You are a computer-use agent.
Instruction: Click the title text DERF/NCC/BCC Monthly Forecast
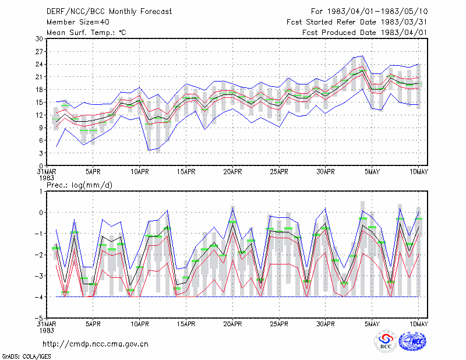(x=109, y=12)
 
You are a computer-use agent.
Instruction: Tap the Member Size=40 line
(x=78, y=22)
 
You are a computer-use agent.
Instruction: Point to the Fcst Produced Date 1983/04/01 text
(x=365, y=33)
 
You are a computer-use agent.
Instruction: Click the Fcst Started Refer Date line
(x=357, y=22)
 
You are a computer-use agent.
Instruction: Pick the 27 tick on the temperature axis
(x=39, y=52)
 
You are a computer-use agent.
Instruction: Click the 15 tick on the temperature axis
(x=39, y=103)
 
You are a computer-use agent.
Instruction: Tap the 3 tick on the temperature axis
(x=41, y=153)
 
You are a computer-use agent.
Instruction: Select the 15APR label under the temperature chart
(x=186, y=172)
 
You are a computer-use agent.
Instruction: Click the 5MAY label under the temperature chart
(x=372, y=172)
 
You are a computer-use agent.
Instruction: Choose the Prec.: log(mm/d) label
(x=80, y=185)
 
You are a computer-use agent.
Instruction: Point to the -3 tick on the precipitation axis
(x=39, y=276)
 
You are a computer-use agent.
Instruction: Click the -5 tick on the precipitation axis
(x=39, y=318)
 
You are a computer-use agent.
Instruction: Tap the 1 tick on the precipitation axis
(x=41, y=192)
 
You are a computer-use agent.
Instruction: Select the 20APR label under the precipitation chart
(x=232, y=324)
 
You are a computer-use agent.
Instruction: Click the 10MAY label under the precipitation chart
(x=418, y=324)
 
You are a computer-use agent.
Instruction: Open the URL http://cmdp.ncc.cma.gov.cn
(x=96, y=344)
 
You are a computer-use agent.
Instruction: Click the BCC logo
(x=386, y=341)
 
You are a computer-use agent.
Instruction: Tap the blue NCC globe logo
(x=412, y=341)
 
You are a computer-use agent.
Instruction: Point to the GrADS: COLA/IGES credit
(x=27, y=357)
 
